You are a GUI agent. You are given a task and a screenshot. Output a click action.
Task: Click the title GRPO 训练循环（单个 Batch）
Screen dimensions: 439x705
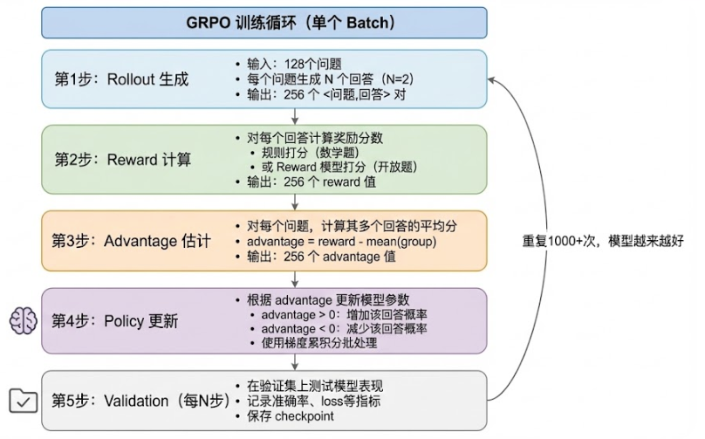pyautogui.click(x=264, y=23)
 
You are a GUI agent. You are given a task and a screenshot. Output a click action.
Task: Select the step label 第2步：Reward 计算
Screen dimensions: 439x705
pyautogui.click(x=123, y=160)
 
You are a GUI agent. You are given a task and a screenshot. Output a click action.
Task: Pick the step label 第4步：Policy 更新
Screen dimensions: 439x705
pyautogui.click(x=116, y=321)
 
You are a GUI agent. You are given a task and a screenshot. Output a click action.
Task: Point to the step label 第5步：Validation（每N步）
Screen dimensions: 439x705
pyautogui.click(x=140, y=401)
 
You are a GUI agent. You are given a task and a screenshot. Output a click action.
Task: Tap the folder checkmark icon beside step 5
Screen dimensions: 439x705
pyautogui.click(x=21, y=401)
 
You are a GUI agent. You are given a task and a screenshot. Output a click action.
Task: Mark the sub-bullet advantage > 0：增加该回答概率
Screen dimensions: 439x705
pyautogui.click(x=345, y=313)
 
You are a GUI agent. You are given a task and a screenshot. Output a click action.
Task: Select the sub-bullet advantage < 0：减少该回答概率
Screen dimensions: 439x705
pyautogui.click(x=345, y=328)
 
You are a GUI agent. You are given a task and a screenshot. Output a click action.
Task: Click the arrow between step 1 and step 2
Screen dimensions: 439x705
pyautogui.click(x=295, y=117)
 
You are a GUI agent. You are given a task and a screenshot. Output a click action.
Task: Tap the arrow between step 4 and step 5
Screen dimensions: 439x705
pyautogui.click(x=295, y=361)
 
